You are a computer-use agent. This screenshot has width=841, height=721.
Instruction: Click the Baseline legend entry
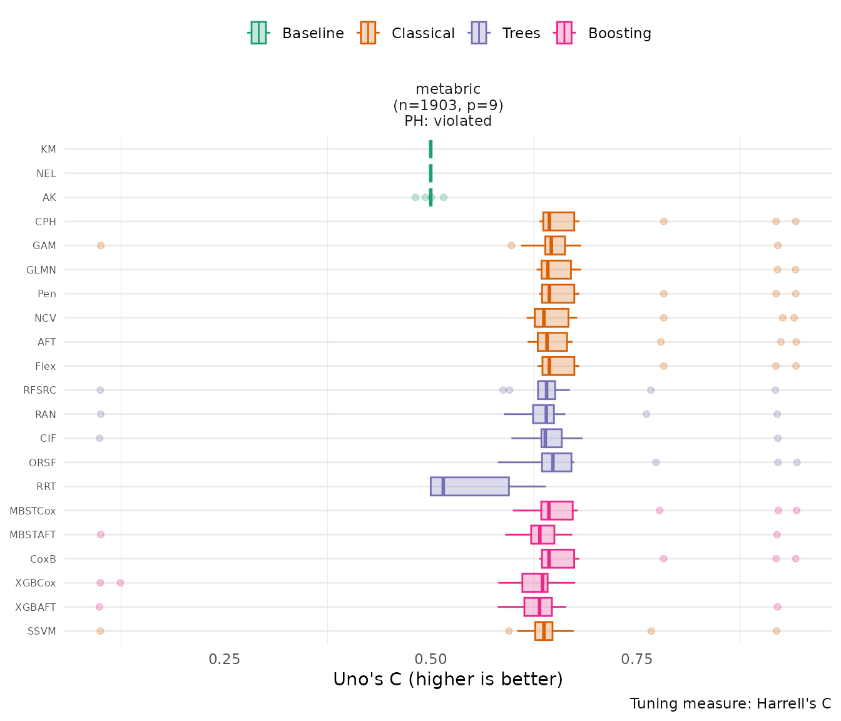coord(297,33)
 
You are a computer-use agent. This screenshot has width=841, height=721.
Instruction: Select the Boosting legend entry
coord(604,33)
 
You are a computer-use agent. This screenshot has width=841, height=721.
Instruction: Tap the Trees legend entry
coord(506,33)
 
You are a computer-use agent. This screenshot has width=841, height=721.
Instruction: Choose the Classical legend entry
coord(407,33)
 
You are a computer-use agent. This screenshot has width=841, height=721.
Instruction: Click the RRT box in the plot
coord(469,486)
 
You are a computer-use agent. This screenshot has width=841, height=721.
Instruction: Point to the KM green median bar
coord(431,150)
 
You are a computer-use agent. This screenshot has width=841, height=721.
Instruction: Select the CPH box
coord(558,222)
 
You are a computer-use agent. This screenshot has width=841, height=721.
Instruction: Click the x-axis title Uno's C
coord(447,680)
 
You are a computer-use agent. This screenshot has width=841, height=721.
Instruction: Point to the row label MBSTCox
coord(33,511)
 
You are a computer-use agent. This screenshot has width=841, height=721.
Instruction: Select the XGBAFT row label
coord(36,607)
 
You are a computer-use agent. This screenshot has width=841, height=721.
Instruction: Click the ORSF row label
coord(43,463)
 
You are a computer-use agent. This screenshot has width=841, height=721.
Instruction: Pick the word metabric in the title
coord(448,89)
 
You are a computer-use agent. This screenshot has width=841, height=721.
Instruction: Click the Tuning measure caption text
coord(730,703)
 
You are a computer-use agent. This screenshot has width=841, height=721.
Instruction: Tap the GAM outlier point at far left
coord(101,245)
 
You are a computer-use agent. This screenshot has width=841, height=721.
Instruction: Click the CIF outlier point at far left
coord(99,438)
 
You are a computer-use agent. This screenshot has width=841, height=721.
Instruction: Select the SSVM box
coord(544,631)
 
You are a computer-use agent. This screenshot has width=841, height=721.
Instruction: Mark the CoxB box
coord(558,559)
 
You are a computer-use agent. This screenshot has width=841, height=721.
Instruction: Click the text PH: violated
coord(448,121)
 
